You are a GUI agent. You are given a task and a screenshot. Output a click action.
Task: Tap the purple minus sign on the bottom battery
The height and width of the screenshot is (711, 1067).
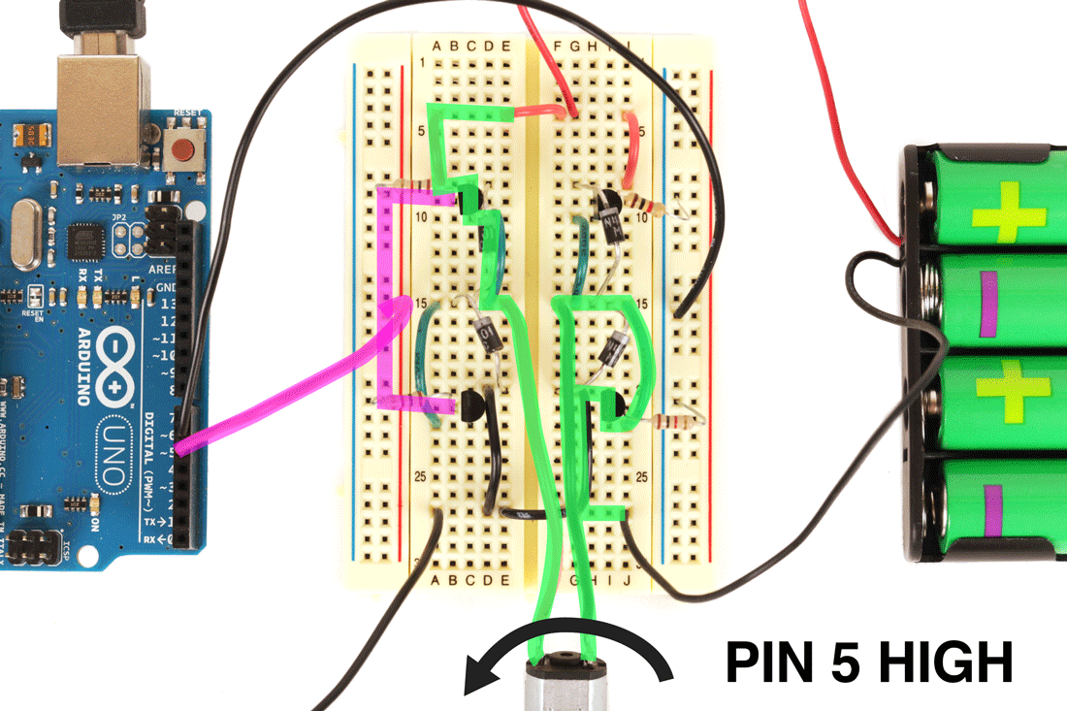point(991,511)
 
